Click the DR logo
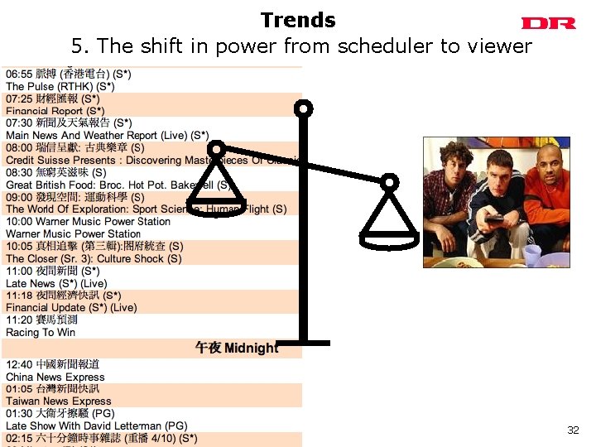click(x=548, y=23)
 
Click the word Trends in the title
click(x=298, y=21)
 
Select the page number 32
click(x=573, y=430)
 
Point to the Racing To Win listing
click(x=41, y=332)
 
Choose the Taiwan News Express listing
click(x=59, y=401)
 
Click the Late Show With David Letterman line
click(x=97, y=425)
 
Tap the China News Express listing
click(x=55, y=377)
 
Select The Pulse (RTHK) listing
click(x=60, y=86)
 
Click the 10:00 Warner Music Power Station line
click(x=88, y=221)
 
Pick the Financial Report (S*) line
click(x=55, y=110)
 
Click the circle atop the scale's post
click(x=305, y=108)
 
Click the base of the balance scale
click(x=305, y=343)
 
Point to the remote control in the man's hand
click(x=494, y=219)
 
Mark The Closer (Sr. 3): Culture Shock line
click(x=94, y=258)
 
